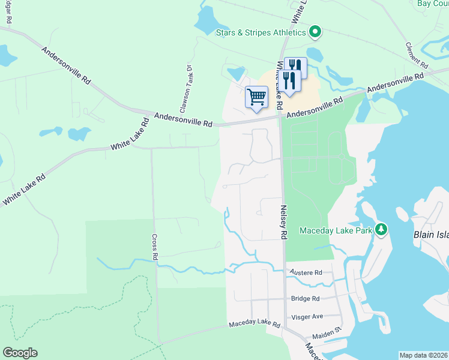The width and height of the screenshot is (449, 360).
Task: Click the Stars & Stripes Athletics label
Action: tap(261, 32)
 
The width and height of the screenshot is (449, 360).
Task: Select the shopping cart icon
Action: tap(256, 97)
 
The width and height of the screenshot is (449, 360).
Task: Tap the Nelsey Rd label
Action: tap(282, 222)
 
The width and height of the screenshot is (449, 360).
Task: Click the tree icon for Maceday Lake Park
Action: tap(381, 229)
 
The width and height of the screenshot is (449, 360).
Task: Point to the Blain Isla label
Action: tap(430, 235)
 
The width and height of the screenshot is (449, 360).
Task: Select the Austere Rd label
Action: tap(306, 272)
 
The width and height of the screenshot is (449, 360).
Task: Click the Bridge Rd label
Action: tap(306, 298)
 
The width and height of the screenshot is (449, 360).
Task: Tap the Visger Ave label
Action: tap(307, 316)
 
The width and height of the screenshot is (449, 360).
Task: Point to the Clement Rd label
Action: tap(416, 55)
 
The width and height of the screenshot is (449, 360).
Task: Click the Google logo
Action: tap(20, 353)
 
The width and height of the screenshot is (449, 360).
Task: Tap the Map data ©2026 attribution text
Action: tap(423, 355)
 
